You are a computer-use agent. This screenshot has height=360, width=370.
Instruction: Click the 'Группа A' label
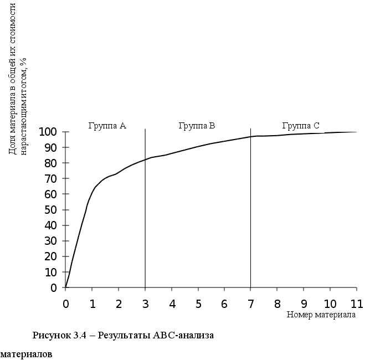pyautogui.click(x=107, y=126)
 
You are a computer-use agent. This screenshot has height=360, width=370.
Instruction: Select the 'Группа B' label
pyautogui.click(x=197, y=126)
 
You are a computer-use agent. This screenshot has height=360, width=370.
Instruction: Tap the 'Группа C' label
pyautogui.click(x=301, y=126)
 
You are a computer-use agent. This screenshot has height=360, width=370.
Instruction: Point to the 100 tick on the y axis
pyautogui.click(x=48, y=132)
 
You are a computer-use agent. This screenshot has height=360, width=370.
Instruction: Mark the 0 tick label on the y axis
pyautogui.click(x=54, y=288)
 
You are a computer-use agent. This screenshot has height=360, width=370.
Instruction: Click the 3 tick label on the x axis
pyautogui.click(x=145, y=304)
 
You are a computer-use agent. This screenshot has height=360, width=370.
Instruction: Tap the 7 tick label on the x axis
pyautogui.click(x=251, y=304)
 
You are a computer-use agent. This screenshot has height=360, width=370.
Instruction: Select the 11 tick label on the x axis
pyautogui.click(x=356, y=304)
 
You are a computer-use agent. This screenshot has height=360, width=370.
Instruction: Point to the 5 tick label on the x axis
pyautogui.click(x=198, y=304)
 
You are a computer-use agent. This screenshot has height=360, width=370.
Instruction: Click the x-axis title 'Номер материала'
pyautogui.click(x=321, y=315)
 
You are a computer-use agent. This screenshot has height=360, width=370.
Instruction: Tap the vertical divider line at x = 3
pyautogui.click(x=145, y=222)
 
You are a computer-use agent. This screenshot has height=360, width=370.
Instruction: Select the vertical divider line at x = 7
pyautogui.click(x=251, y=222)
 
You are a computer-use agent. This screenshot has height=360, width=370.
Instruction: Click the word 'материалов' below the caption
pyautogui.click(x=26, y=353)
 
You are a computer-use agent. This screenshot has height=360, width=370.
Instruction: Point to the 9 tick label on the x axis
pyautogui.click(x=304, y=304)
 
